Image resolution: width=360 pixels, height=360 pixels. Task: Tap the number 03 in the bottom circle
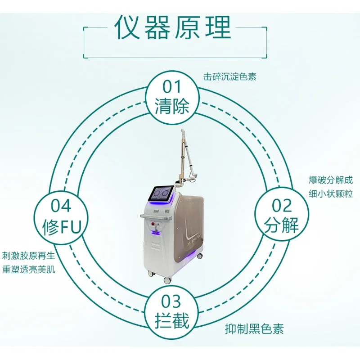pos(171,301)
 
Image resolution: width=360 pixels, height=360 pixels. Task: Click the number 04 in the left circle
pos(61,206)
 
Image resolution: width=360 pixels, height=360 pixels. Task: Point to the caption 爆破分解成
pos(331,180)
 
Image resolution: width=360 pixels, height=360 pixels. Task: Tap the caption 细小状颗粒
pos(331,193)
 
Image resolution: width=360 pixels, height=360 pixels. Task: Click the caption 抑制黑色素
pos(254,328)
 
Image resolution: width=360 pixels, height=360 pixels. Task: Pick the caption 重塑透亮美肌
pos(29,270)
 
